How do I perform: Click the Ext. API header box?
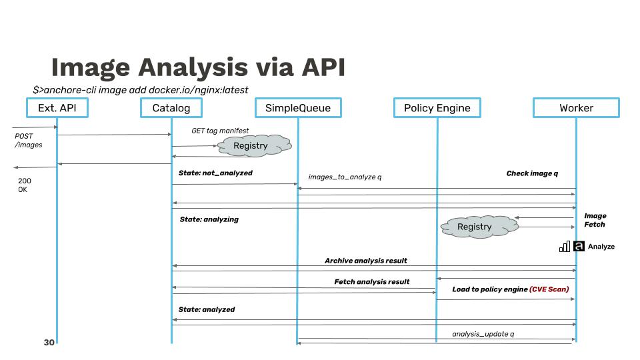[57, 108]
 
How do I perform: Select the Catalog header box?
[171, 108]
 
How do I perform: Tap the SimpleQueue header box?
[297, 108]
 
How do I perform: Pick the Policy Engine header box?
[437, 108]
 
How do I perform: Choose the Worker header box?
[576, 108]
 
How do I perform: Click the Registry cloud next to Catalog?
[251, 146]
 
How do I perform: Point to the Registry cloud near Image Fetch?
[474, 227]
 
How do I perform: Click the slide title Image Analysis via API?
[198, 68]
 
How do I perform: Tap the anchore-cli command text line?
[141, 89]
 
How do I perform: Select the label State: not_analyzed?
[215, 173]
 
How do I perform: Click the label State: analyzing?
[209, 219]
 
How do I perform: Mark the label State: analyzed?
[207, 309]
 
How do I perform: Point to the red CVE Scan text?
[549, 289]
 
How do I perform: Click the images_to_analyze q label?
[345, 177]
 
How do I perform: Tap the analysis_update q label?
[483, 333]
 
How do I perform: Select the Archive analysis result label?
[365, 261]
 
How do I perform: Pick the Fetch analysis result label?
[371, 282]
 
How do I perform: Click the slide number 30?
[49, 342]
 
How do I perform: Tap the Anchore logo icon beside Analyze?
[579, 246]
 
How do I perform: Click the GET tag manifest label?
[220, 131]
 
